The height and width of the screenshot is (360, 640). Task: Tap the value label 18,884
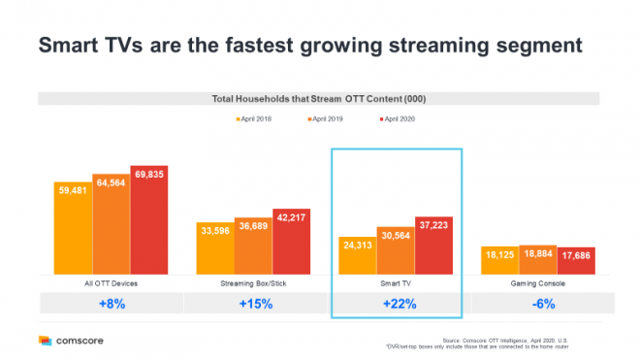[x=537, y=256]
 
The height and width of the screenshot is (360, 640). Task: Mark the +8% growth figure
[x=111, y=303]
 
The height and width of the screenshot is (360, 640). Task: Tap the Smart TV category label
[x=396, y=282]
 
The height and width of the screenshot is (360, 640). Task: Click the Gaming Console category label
[x=537, y=282]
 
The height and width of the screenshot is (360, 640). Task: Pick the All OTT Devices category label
[x=112, y=282]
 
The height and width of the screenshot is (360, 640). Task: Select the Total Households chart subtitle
[x=319, y=99]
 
